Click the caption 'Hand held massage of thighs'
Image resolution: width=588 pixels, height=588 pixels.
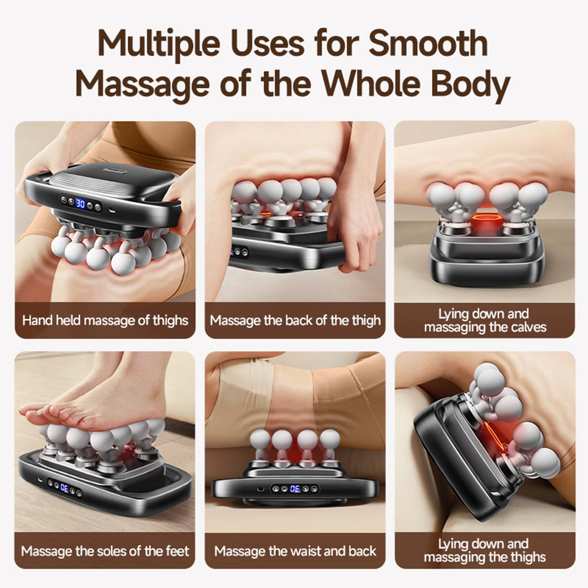point(105,320)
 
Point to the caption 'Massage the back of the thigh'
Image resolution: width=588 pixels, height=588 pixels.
point(295,320)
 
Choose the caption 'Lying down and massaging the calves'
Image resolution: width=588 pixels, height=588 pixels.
point(485,320)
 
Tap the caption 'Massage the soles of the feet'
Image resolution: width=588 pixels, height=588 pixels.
point(105,551)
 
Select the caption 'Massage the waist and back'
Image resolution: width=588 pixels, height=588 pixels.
point(295,551)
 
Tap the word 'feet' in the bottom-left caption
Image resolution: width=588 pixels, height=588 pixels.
point(176,551)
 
